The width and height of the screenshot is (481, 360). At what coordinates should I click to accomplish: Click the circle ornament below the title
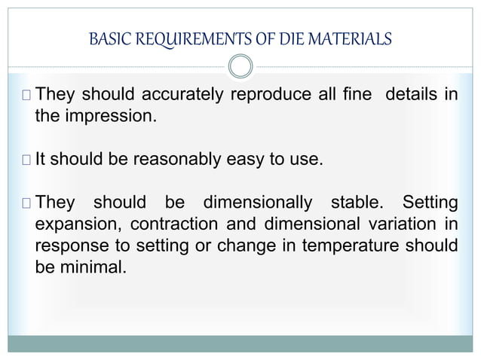click(240, 67)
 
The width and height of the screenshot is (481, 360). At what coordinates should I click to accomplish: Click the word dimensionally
click(258, 203)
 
